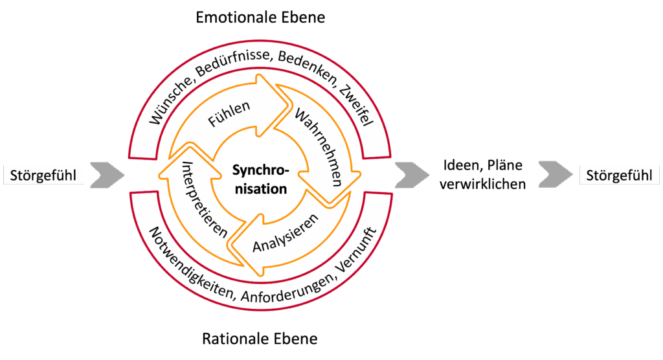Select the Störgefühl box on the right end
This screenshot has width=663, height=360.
tap(618, 175)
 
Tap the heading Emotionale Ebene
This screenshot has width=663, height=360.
tap(260, 17)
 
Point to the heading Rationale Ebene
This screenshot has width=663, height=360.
tap(260, 339)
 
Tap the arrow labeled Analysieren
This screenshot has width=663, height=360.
tap(285, 237)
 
